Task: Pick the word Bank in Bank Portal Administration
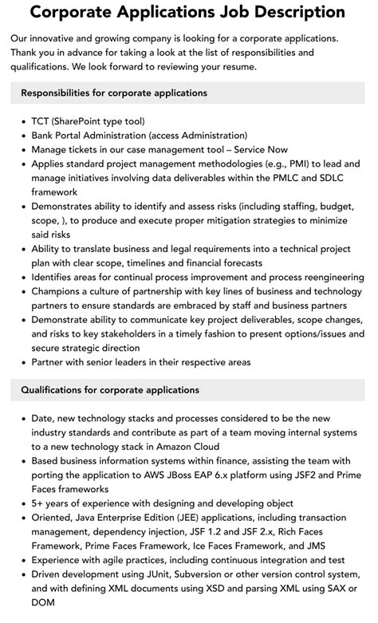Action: pos(45,136)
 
